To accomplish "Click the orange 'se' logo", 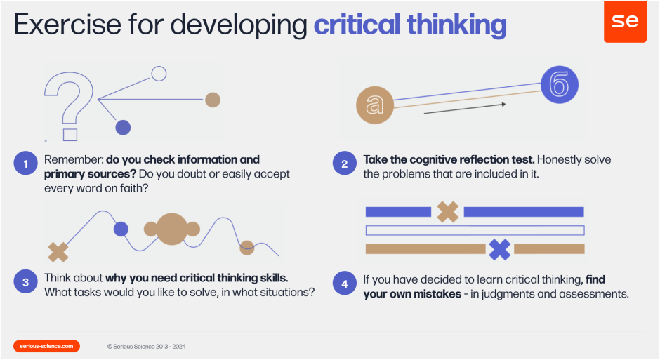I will (625, 21).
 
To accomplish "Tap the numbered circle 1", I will (25, 165).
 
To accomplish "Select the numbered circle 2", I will (344, 165).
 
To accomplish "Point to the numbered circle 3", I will (25, 283).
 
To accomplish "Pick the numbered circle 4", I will (344, 283).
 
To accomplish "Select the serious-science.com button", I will (46, 346).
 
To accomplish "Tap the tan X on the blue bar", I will (447, 211).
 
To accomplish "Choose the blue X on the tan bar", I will (499, 248).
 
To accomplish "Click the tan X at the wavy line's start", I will (58, 251).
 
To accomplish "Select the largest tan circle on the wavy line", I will (171, 229).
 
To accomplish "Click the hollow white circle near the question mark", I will (159, 73).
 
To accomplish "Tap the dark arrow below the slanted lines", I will (466, 108).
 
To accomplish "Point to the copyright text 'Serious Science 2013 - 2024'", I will (147, 347).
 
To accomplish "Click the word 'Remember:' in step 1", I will (73, 159).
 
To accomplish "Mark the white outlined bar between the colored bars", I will (475, 230).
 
